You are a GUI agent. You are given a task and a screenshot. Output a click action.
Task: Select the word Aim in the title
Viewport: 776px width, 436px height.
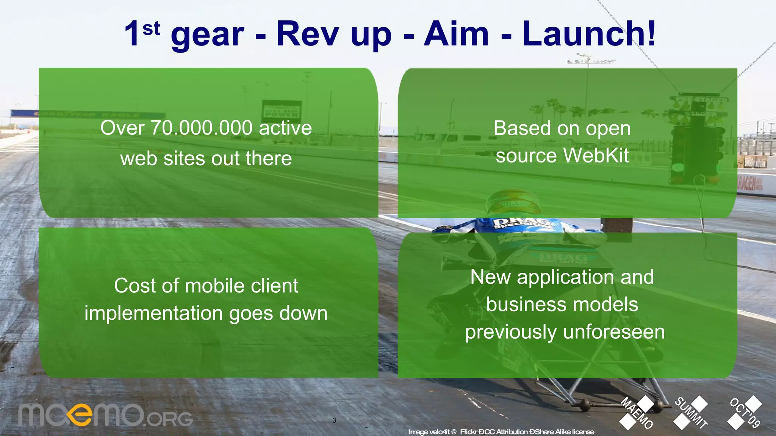456,34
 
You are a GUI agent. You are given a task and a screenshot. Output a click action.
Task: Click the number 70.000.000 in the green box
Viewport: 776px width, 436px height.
202,128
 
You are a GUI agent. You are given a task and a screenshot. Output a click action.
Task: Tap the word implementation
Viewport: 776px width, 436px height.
153,314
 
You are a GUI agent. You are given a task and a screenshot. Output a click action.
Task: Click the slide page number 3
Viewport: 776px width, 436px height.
334,420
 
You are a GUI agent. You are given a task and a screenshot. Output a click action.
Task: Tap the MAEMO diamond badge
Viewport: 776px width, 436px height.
637,413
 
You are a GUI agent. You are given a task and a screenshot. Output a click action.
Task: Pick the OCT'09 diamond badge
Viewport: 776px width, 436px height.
745,413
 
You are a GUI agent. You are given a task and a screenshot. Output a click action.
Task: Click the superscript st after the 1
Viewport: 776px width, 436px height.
151,29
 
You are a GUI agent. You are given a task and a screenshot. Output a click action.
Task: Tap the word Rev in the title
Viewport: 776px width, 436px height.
307,34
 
